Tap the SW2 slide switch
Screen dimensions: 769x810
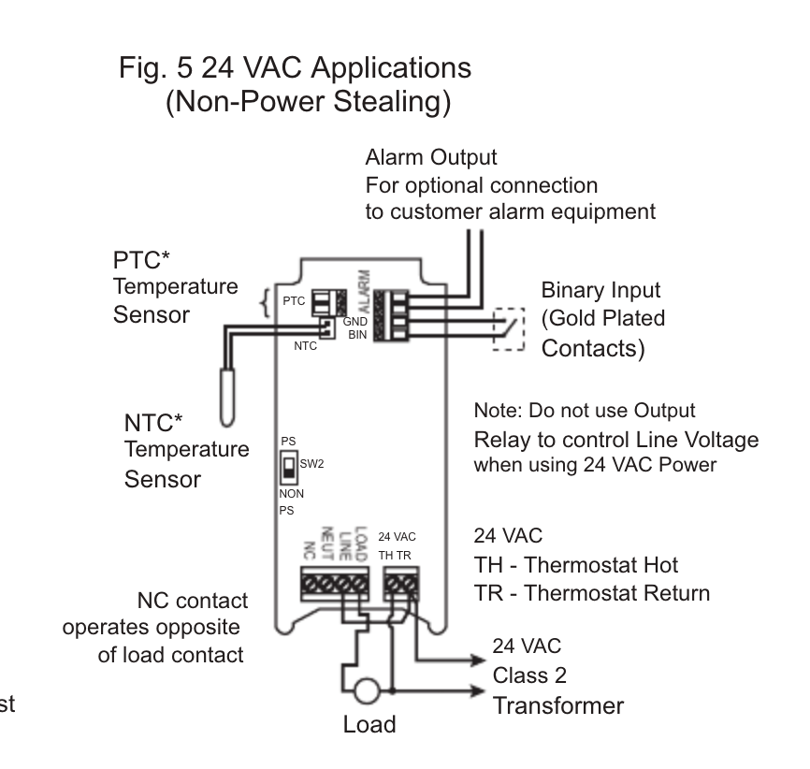click(x=289, y=465)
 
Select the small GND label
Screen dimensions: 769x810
click(x=354, y=321)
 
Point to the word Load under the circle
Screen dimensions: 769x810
click(x=369, y=724)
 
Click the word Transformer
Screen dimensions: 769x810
click(x=557, y=705)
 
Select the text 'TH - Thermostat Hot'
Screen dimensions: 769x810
click(x=576, y=565)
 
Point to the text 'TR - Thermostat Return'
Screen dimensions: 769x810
click(x=592, y=593)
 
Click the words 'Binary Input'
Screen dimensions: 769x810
click(x=601, y=290)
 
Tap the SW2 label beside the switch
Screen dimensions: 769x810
click(x=311, y=463)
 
